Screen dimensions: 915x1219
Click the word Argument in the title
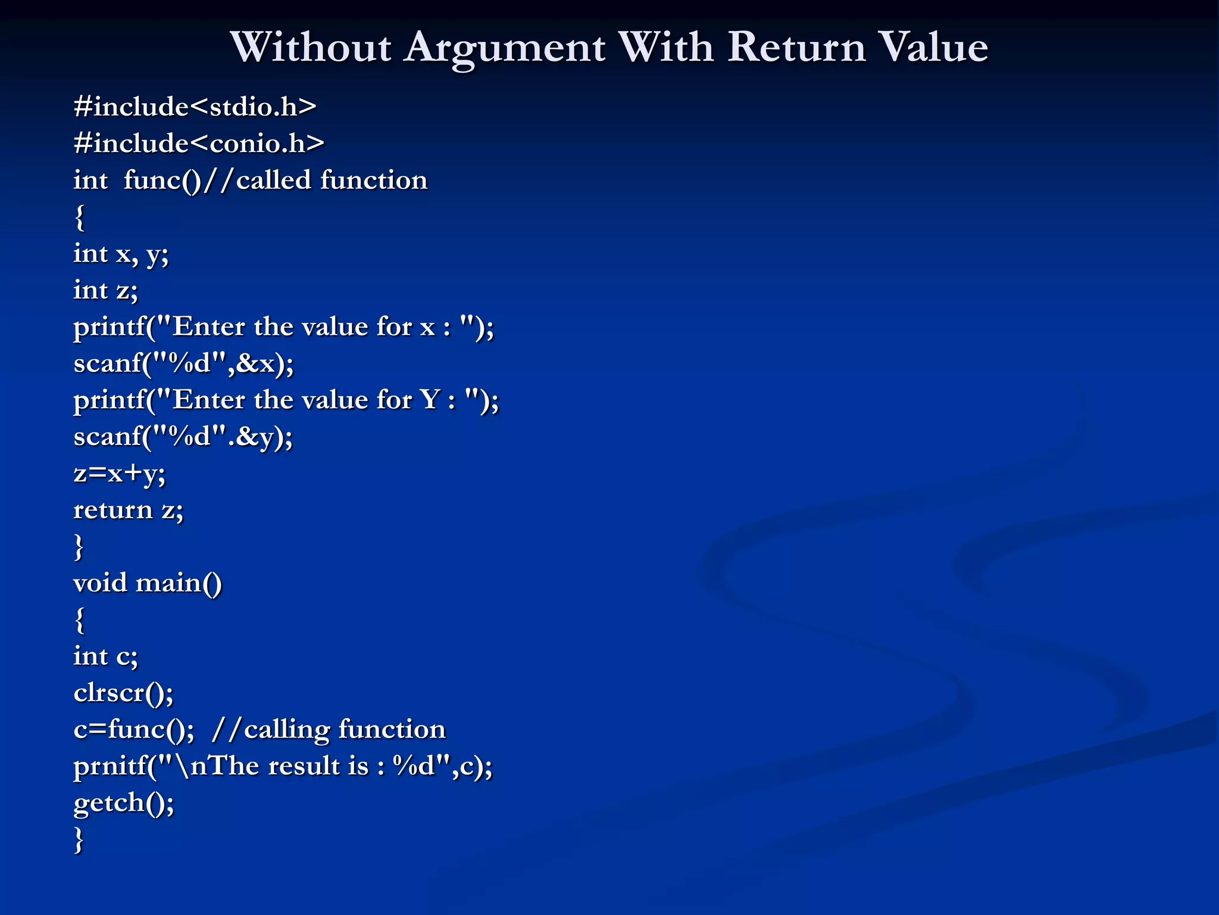505,48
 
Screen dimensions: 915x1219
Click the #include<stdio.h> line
195,107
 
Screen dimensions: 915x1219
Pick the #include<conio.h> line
199,144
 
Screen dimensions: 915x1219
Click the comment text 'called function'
332,180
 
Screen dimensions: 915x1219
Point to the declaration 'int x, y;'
121,254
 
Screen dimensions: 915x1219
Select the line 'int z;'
105,291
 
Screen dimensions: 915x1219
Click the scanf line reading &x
183,363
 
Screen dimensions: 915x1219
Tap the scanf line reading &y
183,437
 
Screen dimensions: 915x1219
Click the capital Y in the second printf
430,400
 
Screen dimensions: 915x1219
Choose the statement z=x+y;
119,474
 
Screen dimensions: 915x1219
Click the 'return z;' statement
128,511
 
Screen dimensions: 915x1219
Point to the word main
179,583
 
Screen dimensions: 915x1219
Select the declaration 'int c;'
105,656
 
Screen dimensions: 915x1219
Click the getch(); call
124,803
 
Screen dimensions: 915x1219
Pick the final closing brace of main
79,840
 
